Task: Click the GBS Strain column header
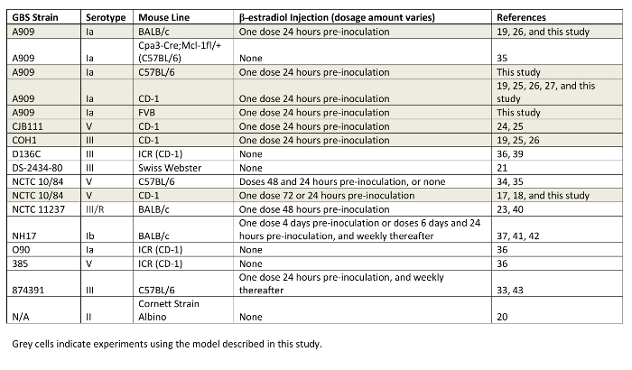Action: [35, 17]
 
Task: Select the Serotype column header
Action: [106, 17]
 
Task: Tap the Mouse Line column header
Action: [163, 17]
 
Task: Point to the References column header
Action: [521, 17]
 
